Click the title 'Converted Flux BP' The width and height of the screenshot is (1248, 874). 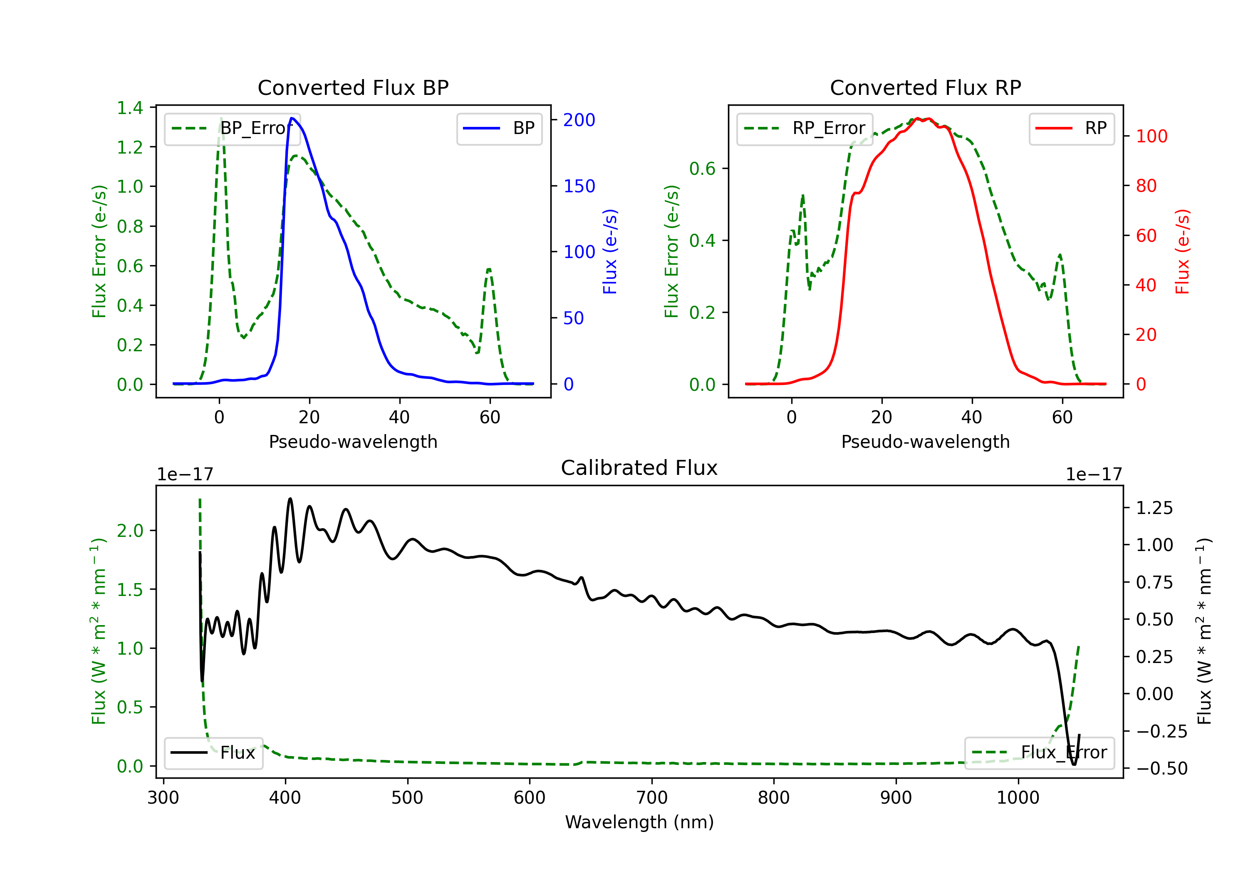(x=353, y=87)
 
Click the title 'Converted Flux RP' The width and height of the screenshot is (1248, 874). (x=925, y=87)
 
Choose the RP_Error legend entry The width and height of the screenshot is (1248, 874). (x=805, y=128)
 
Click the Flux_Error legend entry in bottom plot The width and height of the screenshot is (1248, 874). (x=1039, y=753)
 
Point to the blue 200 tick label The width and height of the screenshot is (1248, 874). (x=579, y=120)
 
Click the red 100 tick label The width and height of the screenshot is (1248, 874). (x=1151, y=137)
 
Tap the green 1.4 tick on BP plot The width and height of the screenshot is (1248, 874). (x=130, y=108)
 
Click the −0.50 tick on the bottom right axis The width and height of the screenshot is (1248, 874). (x=1161, y=768)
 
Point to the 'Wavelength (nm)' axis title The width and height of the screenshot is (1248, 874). (x=639, y=822)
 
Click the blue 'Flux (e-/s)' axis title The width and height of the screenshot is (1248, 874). (x=610, y=252)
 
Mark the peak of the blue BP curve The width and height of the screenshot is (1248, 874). (x=292, y=118)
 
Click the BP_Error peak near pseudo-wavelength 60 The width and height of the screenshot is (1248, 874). (x=489, y=269)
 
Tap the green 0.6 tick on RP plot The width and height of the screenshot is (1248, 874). (x=702, y=169)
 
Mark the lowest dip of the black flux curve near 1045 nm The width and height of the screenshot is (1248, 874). (x=1074, y=764)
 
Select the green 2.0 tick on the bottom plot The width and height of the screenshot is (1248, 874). (x=130, y=531)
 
